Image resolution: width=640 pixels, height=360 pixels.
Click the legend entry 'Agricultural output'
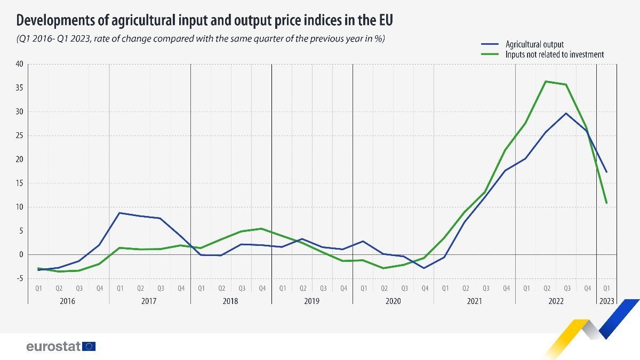pos(534,44)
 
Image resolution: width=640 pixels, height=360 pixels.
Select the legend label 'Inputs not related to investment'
pos(554,54)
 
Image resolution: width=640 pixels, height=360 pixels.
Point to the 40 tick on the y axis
pos(20,64)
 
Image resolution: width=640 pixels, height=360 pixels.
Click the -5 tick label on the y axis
pos(20,278)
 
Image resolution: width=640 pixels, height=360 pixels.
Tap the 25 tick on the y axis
pos(20,135)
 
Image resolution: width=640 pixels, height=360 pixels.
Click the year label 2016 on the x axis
pos(68,301)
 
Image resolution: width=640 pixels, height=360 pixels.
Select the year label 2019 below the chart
pos(312,301)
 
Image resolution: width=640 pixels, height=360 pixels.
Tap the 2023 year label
pos(606,301)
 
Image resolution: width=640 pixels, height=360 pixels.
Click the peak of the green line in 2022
pos(546,81)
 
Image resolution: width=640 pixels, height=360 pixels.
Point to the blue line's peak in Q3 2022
pos(566,113)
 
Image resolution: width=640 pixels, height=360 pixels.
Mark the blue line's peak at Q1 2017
pos(119,213)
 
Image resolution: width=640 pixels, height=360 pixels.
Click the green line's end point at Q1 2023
pos(606,203)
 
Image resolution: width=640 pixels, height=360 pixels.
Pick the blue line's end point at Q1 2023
pos(606,172)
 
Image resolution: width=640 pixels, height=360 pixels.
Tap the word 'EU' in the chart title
pos(385,20)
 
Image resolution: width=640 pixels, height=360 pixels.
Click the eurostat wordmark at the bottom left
pos(53,347)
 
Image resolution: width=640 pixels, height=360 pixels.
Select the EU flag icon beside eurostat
pos(89,347)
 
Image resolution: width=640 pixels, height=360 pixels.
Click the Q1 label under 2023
pos(606,289)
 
